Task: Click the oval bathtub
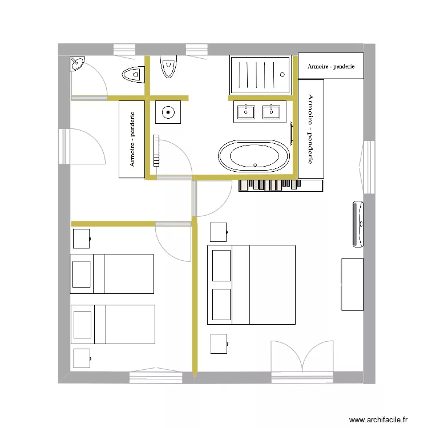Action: point(254,156)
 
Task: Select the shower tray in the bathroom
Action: point(260,75)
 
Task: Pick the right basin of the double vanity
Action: point(271,111)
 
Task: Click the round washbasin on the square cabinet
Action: point(168,112)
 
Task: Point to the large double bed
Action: point(251,285)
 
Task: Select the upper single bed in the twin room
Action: point(112,274)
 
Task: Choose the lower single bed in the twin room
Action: point(112,324)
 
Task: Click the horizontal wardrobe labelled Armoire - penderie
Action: point(331,66)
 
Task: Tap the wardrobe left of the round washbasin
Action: point(132,139)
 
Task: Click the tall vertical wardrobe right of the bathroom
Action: point(311,129)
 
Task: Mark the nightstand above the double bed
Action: point(219,232)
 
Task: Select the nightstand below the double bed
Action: point(219,344)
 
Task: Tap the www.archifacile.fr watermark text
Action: point(378,419)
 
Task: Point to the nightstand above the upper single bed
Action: point(81,239)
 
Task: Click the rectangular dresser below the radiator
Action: point(352,284)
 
